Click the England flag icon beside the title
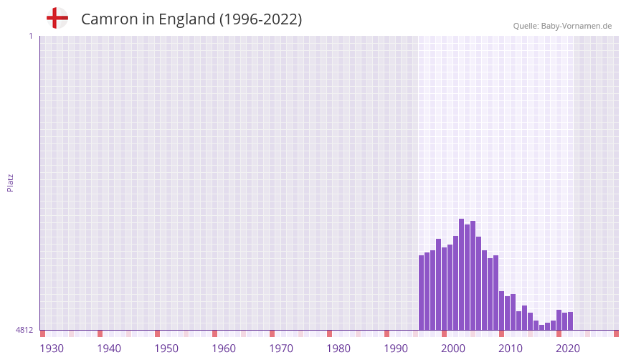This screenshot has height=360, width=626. (57, 18)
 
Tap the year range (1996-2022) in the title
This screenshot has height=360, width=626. (261, 19)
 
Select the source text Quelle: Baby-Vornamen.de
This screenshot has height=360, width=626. (562, 26)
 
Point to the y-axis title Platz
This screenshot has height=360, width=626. (10, 182)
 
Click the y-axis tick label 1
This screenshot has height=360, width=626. (30, 36)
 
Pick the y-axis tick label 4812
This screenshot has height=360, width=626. (24, 330)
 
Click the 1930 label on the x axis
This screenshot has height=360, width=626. (52, 349)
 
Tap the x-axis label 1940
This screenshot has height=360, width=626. (109, 349)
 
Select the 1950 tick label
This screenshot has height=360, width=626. (166, 349)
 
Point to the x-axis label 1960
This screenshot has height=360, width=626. (224, 349)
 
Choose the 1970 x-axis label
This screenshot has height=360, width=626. (281, 349)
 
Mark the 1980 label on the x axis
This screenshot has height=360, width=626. (338, 349)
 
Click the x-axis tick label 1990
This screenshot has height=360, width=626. (396, 349)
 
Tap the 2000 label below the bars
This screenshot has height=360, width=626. (453, 349)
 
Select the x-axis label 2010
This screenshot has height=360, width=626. (511, 349)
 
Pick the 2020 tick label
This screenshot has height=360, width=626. (568, 349)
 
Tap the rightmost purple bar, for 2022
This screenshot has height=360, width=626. (571, 321)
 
